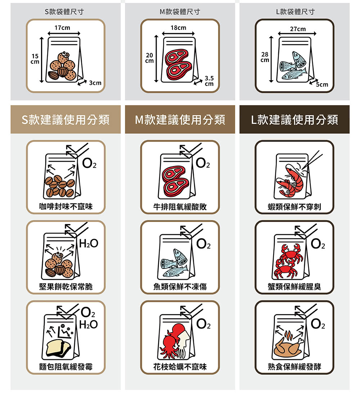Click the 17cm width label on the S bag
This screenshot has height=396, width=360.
[62, 28]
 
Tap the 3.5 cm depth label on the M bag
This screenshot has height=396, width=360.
[209, 81]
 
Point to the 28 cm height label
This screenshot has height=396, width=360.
[265, 57]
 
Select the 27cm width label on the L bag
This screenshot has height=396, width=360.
[298, 29]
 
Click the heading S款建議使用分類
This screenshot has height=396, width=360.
[66, 120]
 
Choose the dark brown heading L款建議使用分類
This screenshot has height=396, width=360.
[294, 120]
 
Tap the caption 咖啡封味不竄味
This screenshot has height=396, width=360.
[66, 206]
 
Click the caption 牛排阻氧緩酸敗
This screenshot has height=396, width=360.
[180, 207]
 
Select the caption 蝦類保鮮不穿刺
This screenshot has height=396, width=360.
[294, 207]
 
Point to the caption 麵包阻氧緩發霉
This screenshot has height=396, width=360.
[66, 367]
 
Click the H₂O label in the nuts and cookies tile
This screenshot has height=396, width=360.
[89, 244]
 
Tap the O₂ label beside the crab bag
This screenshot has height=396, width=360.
[318, 244]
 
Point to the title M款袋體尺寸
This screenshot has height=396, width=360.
[180, 12]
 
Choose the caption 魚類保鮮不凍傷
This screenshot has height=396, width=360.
[180, 287]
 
